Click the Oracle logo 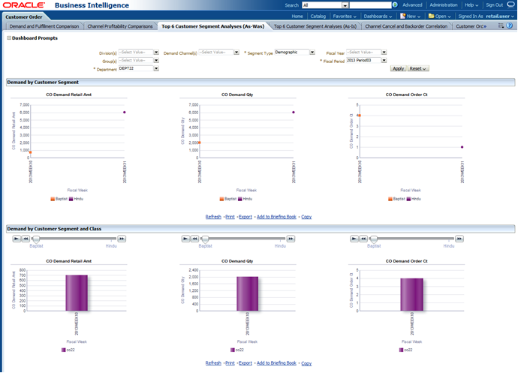click(x=24, y=5)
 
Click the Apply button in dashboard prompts click(x=399, y=68)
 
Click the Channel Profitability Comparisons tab click(x=120, y=26)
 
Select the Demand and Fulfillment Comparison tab click(x=44, y=26)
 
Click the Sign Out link click(x=494, y=5)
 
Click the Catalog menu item click(x=318, y=16)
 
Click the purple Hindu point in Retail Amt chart click(x=124, y=112)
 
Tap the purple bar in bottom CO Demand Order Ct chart click(x=412, y=294)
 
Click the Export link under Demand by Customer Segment click(x=245, y=216)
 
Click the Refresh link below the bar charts click(x=213, y=341)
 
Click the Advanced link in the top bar click(x=412, y=5)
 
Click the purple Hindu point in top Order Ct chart click(x=462, y=147)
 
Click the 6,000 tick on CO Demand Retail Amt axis click(x=24, y=113)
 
